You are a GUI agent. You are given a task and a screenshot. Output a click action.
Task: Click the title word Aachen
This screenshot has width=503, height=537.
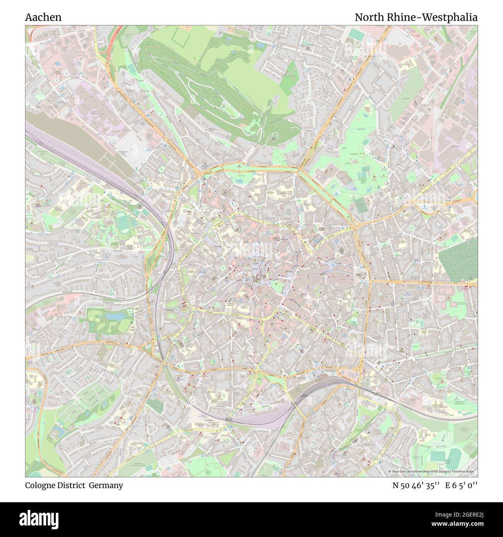point(43,17)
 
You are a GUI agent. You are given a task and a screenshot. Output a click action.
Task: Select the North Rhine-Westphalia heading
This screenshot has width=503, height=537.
point(416,17)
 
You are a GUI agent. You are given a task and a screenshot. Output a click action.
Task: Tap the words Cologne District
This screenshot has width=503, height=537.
point(55,485)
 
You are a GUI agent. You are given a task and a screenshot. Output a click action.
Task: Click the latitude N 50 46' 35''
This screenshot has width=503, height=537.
point(416,485)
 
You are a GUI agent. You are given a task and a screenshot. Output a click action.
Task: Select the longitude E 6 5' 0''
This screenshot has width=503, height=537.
point(461,485)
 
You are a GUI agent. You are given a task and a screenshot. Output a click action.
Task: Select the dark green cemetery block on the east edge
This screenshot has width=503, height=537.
point(457,261)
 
